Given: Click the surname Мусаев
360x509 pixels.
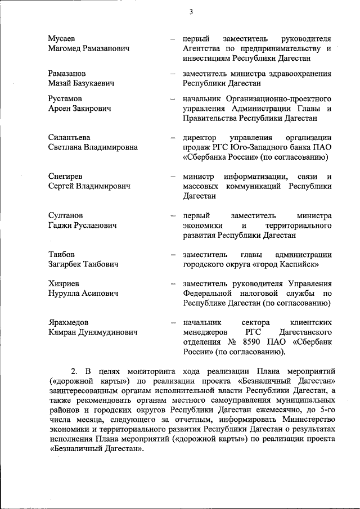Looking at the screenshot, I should click(x=62, y=39).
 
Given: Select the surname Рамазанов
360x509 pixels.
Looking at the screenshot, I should click(x=67, y=74).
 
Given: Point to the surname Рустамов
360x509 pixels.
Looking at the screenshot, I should click(x=65, y=99).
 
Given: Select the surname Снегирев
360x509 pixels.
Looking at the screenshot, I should click(x=65, y=177).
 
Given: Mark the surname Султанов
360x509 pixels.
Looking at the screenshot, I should click(x=65, y=215).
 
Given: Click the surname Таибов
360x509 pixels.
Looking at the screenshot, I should click(x=61, y=254).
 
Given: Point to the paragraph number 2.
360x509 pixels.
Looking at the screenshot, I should click(x=73, y=372).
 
